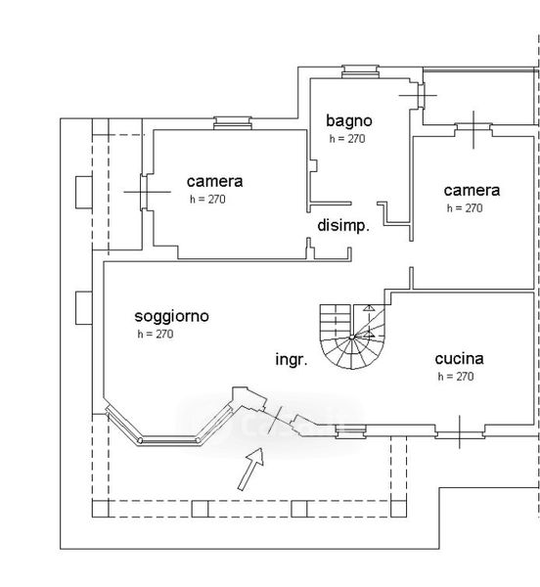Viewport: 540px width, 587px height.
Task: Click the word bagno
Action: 349,121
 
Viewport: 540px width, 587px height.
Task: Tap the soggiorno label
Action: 172,317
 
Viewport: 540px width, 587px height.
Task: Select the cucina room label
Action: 459,359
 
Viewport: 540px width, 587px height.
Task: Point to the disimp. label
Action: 343,226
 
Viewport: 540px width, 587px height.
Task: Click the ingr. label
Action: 292,359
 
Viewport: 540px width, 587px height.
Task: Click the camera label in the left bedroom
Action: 215,182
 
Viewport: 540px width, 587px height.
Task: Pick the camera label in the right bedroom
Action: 472,191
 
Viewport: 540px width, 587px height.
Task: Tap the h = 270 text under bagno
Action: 347,139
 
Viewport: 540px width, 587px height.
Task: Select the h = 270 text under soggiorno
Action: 156,334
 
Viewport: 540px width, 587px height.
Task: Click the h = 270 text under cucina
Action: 456,376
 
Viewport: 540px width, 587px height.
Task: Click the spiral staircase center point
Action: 352,338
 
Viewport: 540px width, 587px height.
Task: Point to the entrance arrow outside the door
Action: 251,469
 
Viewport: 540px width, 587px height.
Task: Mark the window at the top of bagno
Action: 360,71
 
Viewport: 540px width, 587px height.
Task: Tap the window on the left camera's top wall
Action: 233,123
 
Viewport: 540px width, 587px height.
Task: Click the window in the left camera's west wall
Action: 144,192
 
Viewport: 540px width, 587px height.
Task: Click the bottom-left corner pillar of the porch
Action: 101,509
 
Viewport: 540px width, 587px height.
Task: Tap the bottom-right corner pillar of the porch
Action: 398,509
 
